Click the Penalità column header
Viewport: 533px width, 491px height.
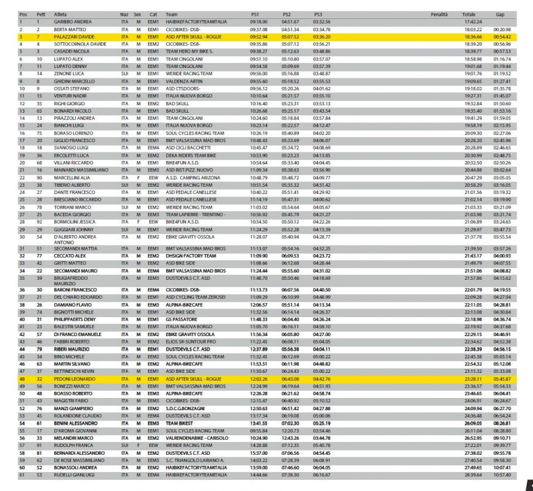(439, 13)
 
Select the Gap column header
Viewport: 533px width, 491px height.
(501, 13)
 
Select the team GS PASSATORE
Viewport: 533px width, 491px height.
(181, 319)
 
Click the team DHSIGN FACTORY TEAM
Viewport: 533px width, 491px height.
(191, 255)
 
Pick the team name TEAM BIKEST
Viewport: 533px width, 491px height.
(180, 422)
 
